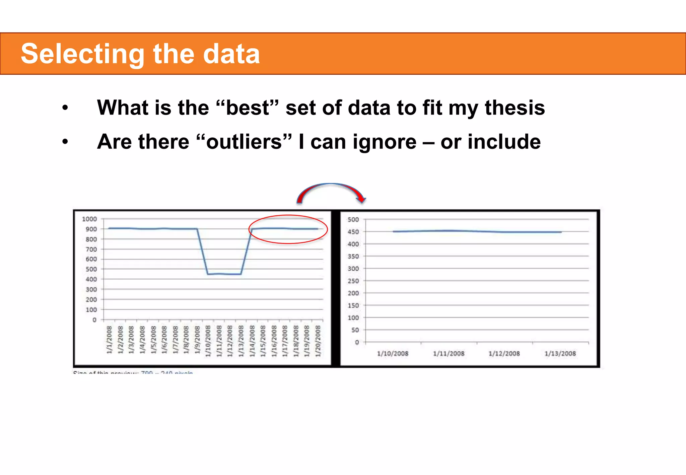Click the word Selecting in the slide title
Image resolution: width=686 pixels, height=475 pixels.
pos(82,54)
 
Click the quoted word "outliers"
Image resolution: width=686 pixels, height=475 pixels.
pos(244,142)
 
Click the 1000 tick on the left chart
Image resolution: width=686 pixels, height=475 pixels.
pos(89,219)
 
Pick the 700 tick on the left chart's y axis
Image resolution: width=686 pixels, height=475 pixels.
pos(91,249)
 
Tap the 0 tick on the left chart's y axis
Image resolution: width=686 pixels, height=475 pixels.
pos(94,320)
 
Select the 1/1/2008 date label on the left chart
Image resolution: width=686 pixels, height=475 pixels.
pos(109,339)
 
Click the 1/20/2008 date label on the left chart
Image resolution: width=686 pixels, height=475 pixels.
pos(318,341)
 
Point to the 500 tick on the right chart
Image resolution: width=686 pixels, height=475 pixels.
pos(353,220)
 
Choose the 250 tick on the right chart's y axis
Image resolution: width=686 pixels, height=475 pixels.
pos(353,281)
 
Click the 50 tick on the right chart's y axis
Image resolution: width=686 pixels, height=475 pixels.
pos(355,330)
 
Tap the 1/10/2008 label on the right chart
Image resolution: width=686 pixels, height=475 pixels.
pos(393,354)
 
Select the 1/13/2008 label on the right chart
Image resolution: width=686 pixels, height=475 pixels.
pos(560,354)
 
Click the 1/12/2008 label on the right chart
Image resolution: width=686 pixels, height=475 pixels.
pos(504,354)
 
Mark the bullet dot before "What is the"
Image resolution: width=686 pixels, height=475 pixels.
pos(65,108)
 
